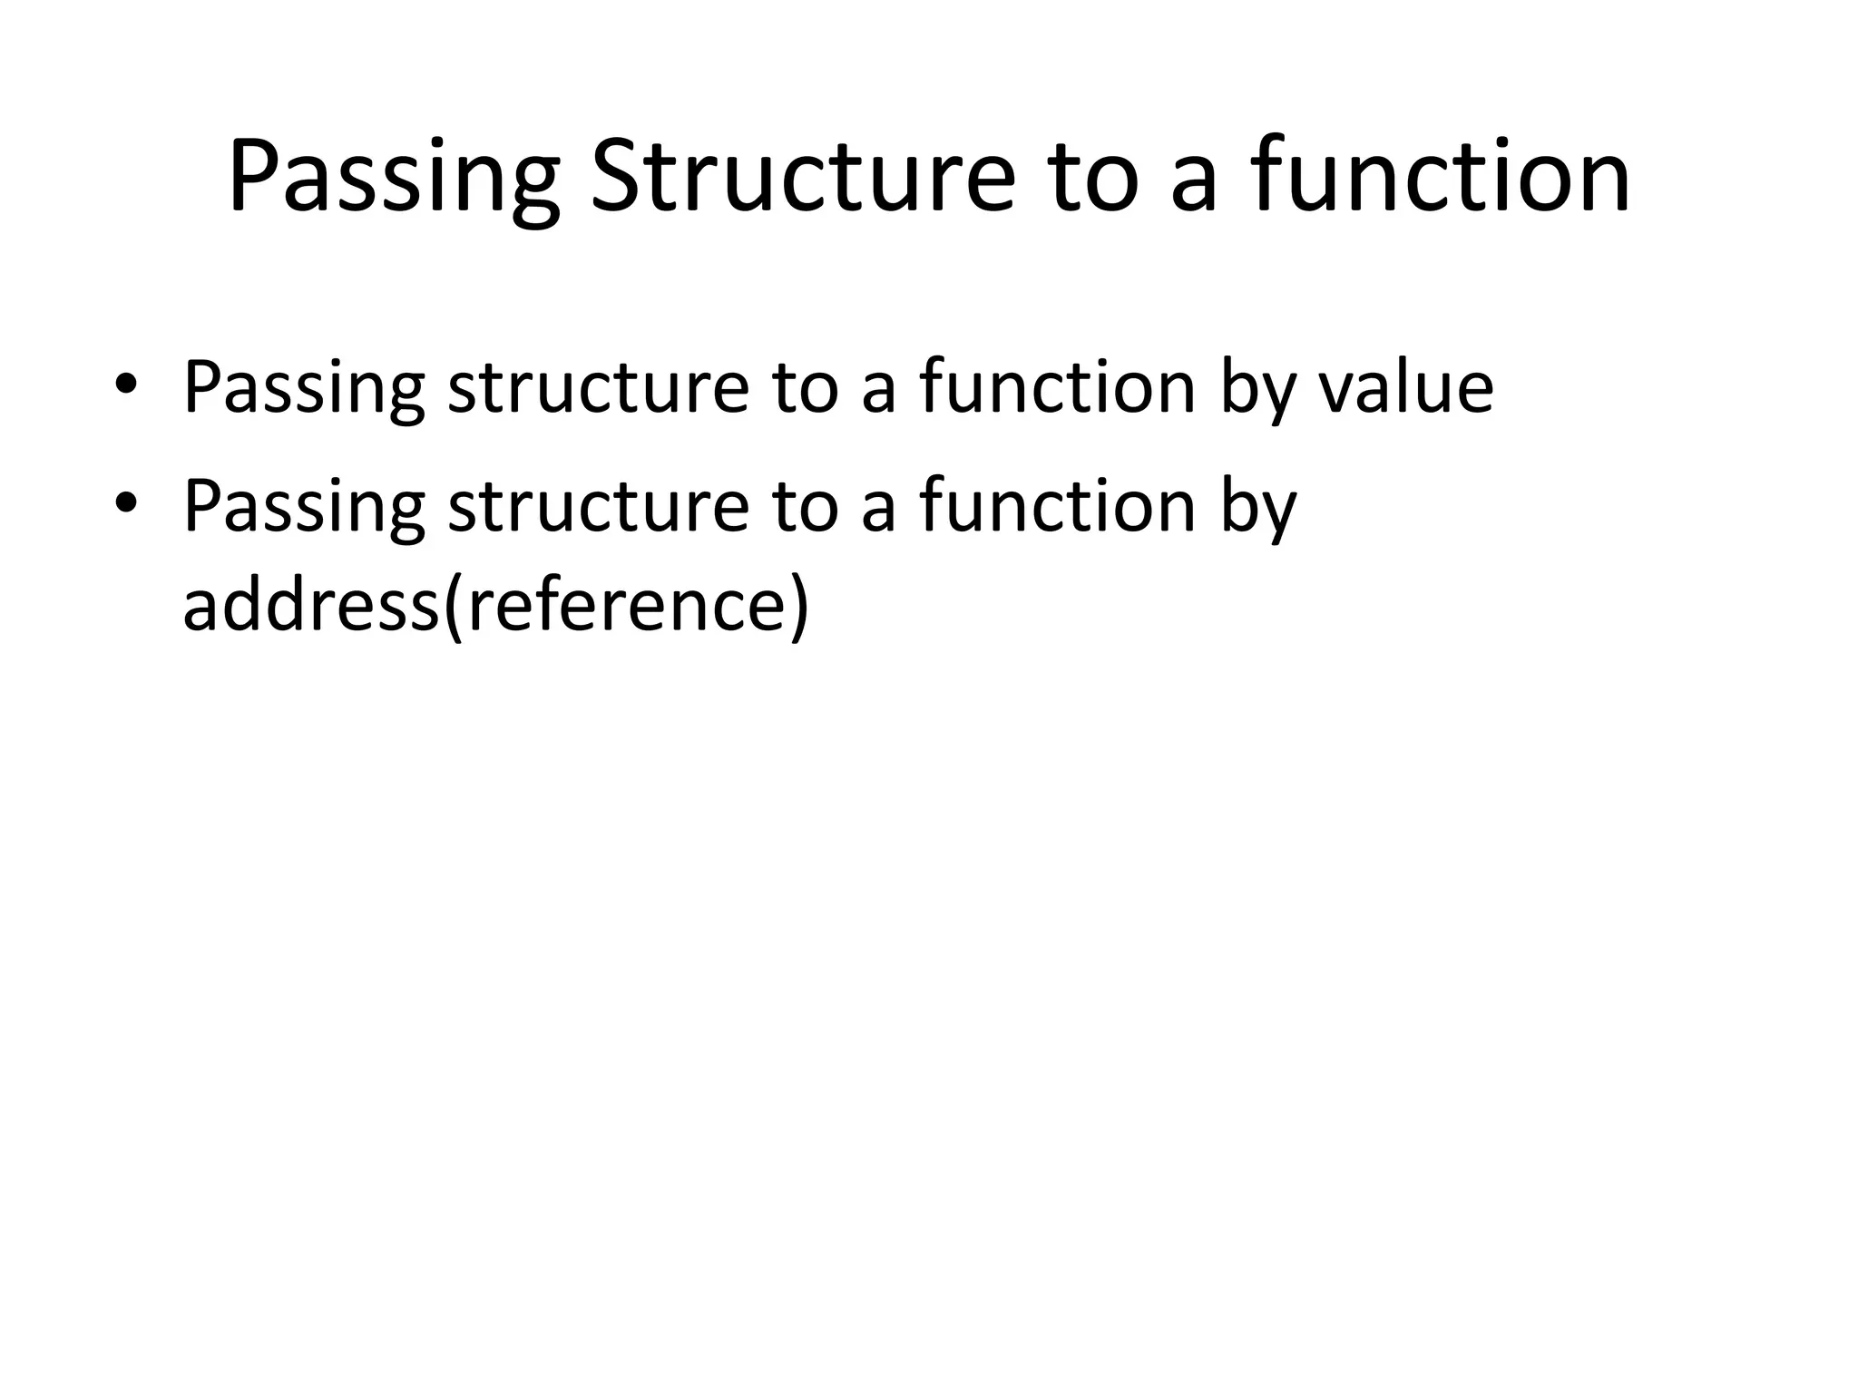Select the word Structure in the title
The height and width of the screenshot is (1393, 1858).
(802, 177)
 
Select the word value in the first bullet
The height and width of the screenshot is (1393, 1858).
(1405, 387)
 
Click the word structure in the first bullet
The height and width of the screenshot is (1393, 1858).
(598, 387)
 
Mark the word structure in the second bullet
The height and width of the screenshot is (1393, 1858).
(598, 505)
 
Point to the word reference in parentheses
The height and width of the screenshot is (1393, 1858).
(626, 605)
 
